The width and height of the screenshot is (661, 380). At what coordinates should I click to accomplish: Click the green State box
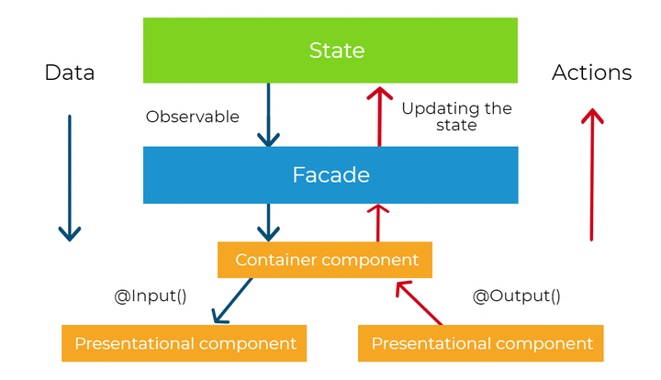(330, 50)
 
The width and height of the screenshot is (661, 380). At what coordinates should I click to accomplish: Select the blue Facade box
(330, 174)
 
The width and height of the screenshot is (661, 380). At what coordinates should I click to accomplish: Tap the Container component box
(325, 260)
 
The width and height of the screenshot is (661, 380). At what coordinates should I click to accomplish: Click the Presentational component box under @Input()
(185, 343)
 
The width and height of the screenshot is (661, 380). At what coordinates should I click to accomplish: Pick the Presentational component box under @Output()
(480, 343)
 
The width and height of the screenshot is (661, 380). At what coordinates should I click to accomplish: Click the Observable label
(192, 117)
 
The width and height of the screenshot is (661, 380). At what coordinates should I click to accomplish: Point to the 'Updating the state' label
(456, 117)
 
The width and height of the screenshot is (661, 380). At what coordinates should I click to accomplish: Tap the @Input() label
(150, 296)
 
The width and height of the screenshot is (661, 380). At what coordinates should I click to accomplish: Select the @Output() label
(516, 296)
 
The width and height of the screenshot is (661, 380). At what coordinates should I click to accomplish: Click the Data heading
(70, 73)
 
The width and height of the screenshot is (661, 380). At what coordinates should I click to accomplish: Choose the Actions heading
(592, 73)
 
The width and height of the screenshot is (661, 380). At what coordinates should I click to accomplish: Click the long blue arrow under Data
(70, 178)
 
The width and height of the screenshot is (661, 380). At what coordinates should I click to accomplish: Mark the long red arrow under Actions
(592, 174)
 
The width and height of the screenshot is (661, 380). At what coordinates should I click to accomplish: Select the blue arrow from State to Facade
(268, 115)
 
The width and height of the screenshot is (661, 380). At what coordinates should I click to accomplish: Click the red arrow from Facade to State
(379, 117)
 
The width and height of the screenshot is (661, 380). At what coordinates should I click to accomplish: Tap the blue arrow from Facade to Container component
(268, 222)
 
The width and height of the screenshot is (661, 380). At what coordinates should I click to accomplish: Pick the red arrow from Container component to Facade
(377, 223)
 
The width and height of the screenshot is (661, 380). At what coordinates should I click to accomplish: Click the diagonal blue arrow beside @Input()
(232, 301)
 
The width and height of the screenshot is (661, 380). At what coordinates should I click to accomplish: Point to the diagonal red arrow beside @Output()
(419, 303)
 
